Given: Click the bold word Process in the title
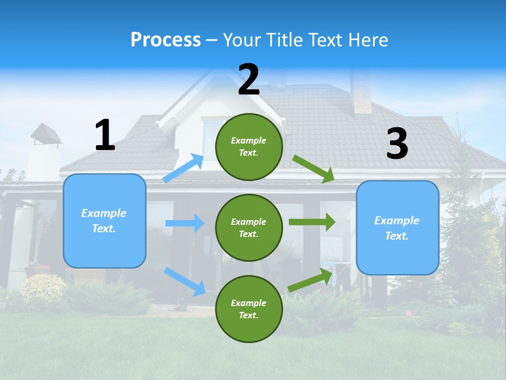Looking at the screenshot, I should pyautogui.click(x=166, y=40).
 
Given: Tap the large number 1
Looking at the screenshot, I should pyautogui.click(x=105, y=135).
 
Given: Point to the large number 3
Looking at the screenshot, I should pyautogui.click(x=397, y=144).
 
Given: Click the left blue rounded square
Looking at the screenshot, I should pyautogui.click(x=104, y=221).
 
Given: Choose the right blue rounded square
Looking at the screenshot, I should pyautogui.click(x=397, y=227).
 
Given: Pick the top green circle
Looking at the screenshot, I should pyautogui.click(x=249, y=147).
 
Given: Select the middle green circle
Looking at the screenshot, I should pyautogui.click(x=249, y=227).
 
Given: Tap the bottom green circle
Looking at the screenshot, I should pyautogui.click(x=249, y=309).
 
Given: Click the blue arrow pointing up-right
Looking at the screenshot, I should pyautogui.click(x=184, y=168).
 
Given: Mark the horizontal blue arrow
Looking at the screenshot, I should pyautogui.click(x=184, y=223).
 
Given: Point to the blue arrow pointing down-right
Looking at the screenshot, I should pyautogui.click(x=184, y=281).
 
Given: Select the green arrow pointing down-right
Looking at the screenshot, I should pyautogui.click(x=314, y=168).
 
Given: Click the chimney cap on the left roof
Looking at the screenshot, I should pyautogui.click(x=46, y=133).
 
